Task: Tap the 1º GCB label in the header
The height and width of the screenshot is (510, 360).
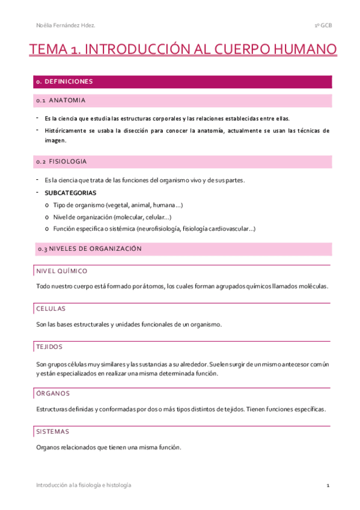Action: tap(323, 25)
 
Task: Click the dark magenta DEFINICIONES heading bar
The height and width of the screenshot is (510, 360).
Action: tap(181, 81)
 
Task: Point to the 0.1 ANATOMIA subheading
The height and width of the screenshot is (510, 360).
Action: tap(61, 100)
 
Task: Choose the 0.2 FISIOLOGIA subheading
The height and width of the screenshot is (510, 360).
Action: tap(61, 162)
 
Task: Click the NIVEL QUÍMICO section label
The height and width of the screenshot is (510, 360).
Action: tap(61, 271)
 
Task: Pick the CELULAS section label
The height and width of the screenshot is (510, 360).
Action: tap(50, 309)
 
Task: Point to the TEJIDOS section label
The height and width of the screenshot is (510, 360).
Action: tap(49, 347)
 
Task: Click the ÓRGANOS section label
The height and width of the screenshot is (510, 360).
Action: tap(53, 393)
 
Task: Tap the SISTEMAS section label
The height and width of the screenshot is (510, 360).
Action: tap(53, 432)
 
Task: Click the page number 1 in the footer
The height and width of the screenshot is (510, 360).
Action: tap(328, 485)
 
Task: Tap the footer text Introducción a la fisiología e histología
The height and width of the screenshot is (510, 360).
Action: tap(84, 485)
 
